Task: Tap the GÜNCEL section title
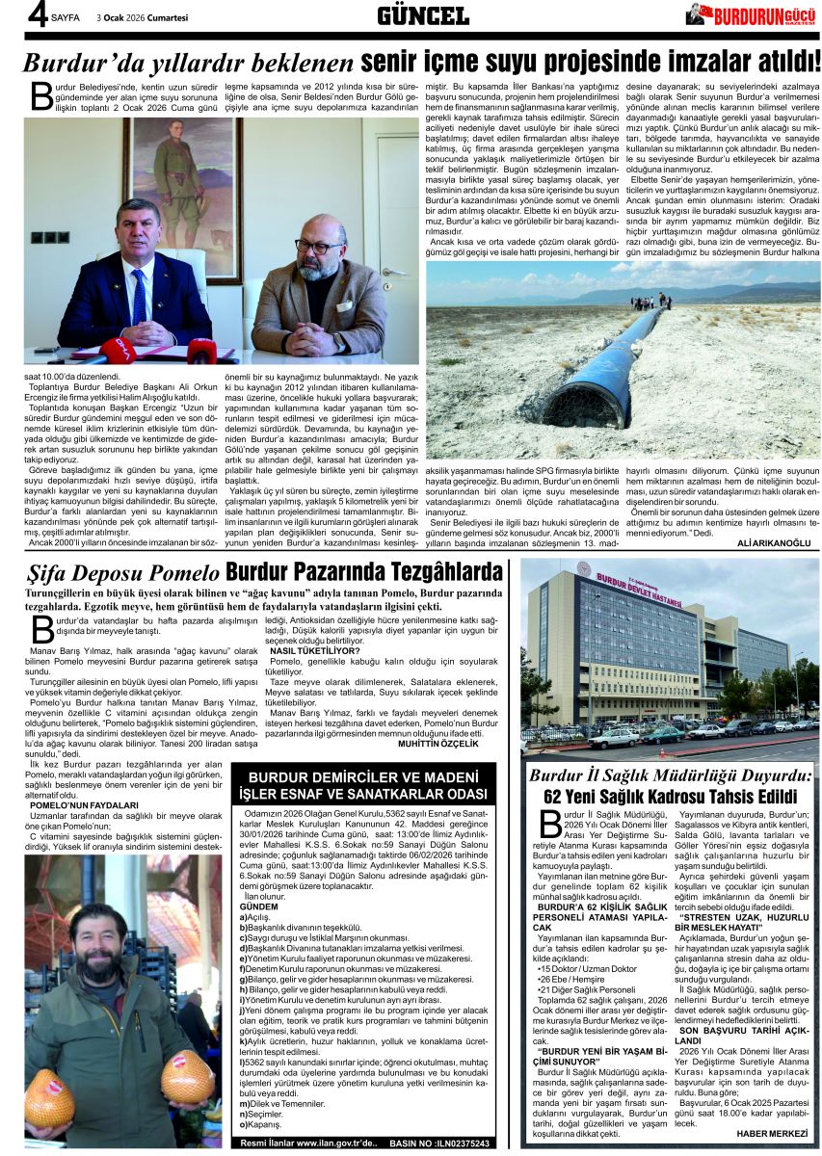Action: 422,14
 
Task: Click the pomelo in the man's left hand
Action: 188,1076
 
